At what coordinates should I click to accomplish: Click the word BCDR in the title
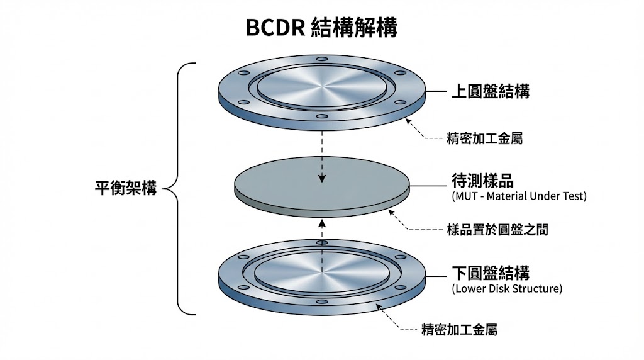pos(275,28)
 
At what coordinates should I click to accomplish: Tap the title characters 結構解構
pos(354,28)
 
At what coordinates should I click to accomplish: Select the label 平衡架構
pos(126,188)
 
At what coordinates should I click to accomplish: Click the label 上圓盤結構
pos(491,92)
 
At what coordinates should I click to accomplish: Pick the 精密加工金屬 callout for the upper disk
pos(484,138)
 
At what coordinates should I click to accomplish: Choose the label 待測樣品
pos(482,181)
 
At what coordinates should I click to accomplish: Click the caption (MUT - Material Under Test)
pos(519,196)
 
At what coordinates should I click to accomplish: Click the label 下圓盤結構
pos(491,273)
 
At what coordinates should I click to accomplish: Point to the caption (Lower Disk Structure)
pos(507,289)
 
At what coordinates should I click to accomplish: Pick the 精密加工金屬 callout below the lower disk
pos(459,329)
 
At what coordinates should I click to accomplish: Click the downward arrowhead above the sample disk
pos(322,178)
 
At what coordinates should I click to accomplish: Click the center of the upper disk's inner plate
pos(322,86)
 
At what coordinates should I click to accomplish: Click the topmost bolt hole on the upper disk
pos(322,59)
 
